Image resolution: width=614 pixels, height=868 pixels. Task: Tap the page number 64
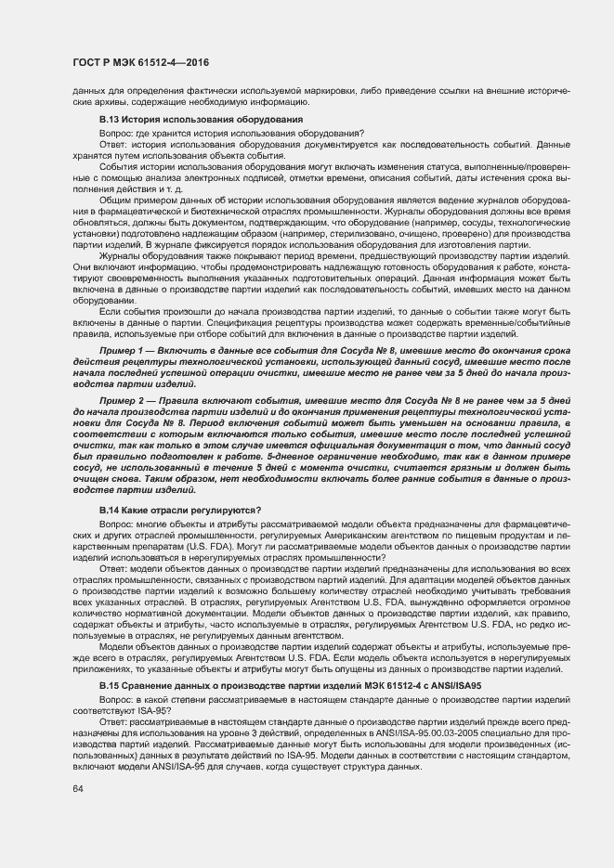[78, 789]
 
